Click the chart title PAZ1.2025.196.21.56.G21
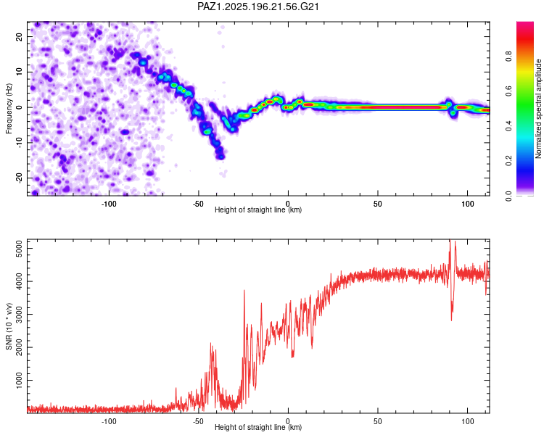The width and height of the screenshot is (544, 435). click(x=257, y=7)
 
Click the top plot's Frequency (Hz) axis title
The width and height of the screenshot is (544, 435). click(x=9, y=109)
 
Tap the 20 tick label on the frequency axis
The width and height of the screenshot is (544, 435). click(x=19, y=37)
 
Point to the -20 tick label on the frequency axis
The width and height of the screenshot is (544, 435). click(x=19, y=178)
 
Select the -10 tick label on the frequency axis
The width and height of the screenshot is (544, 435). click(x=19, y=143)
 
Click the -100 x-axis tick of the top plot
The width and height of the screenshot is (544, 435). click(x=109, y=204)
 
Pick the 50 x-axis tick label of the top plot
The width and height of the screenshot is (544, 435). click(x=377, y=204)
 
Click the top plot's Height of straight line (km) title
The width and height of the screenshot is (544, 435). click(x=258, y=210)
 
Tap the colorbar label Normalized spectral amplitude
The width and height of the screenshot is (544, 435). click(x=538, y=109)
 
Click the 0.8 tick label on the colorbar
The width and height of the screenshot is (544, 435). click(x=508, y=57)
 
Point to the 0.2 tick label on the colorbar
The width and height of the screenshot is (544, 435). click(x=508, y=161)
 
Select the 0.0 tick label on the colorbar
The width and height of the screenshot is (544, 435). click(x=508, y=196)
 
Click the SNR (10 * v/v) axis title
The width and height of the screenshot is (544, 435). click(x=9, y=326)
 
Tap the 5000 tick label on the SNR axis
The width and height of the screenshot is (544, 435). click(x=19, y=249)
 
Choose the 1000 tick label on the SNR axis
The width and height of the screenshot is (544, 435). click(x=19, y=380)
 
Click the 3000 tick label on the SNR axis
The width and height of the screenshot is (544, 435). click(x=19, y=314)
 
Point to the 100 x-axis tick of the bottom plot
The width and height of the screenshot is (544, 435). click(x=467, y=421)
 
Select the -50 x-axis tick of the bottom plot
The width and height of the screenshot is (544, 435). click(x=198, y=421)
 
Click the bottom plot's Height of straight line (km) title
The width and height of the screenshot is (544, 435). click(x=258, y=427)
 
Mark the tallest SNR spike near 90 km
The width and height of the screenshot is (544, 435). click(x=450, y=241)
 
